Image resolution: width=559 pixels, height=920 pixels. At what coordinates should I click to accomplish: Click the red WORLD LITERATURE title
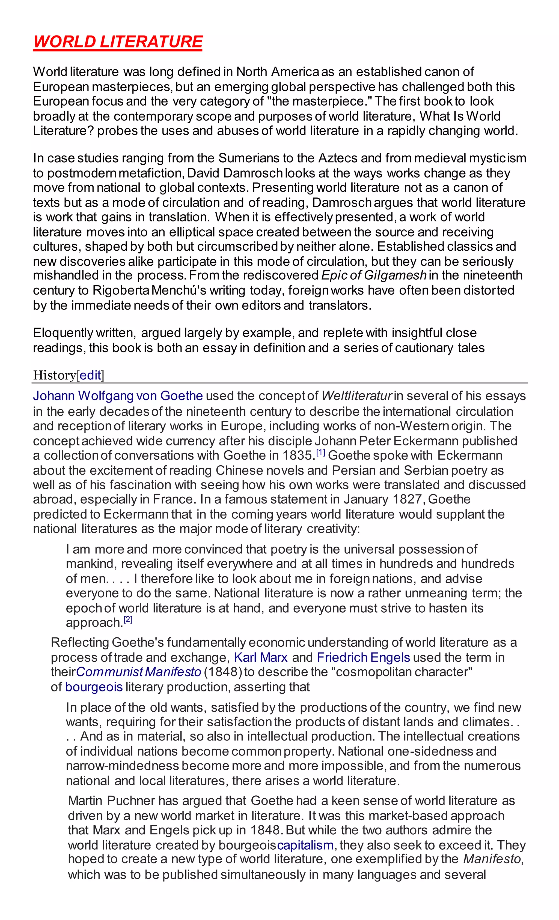(118, 42)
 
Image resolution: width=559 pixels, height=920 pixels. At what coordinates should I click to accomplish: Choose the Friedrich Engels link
(363, 657)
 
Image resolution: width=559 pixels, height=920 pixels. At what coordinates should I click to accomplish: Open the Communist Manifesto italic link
(139, 672)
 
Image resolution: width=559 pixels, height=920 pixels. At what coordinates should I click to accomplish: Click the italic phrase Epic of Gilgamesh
(374, 275)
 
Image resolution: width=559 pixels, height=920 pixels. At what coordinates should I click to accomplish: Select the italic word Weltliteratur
(356, 396)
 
